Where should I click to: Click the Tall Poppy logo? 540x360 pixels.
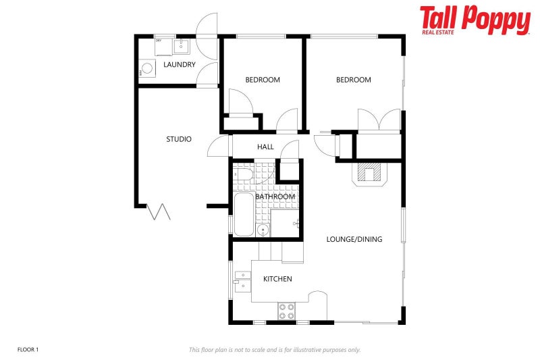(x=475, y=20)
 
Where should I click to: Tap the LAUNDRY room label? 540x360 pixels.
(x=180, y=65)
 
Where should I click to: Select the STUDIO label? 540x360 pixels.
(x=179, y=139)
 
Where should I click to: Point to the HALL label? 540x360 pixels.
(x=265, y=147)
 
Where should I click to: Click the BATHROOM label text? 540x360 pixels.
(x=275, y=197)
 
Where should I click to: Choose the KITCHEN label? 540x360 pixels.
(x=277, y=279)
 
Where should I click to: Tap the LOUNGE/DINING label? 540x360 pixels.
(x=354, y=239)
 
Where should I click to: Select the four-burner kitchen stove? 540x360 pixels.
(x=286, y=311)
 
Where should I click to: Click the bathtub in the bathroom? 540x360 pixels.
(x=244, y=214)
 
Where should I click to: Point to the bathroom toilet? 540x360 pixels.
(x=244, y=175)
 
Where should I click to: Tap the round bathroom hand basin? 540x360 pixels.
(x=263, y=230)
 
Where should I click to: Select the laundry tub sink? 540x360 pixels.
(x=181, y=46)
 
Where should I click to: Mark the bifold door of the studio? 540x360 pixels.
(x=160, y=211)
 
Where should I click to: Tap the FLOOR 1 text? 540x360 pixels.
(x=28, y=349)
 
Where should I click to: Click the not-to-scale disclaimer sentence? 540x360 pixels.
(x=275, y=349)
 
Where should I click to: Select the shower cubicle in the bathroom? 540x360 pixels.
(x=284, y=222)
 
